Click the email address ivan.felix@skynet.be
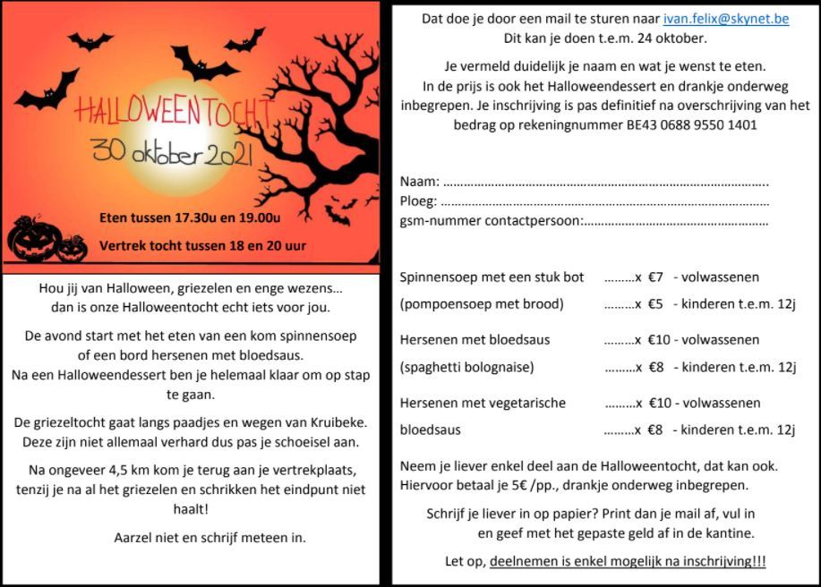click(x=725, y=19)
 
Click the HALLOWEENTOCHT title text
click(x=173, y=111)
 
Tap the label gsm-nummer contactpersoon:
click(x=491, y=220)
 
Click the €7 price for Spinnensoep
click(x=654, y=277)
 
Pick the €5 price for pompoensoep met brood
click(x=654, y=303)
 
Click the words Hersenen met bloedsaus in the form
click(x=475, y=340)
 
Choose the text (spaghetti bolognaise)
click(x=466, y=366)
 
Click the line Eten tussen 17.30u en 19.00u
click(x=190, y=217)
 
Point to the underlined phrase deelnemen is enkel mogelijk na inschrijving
click(x=627, y=562)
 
